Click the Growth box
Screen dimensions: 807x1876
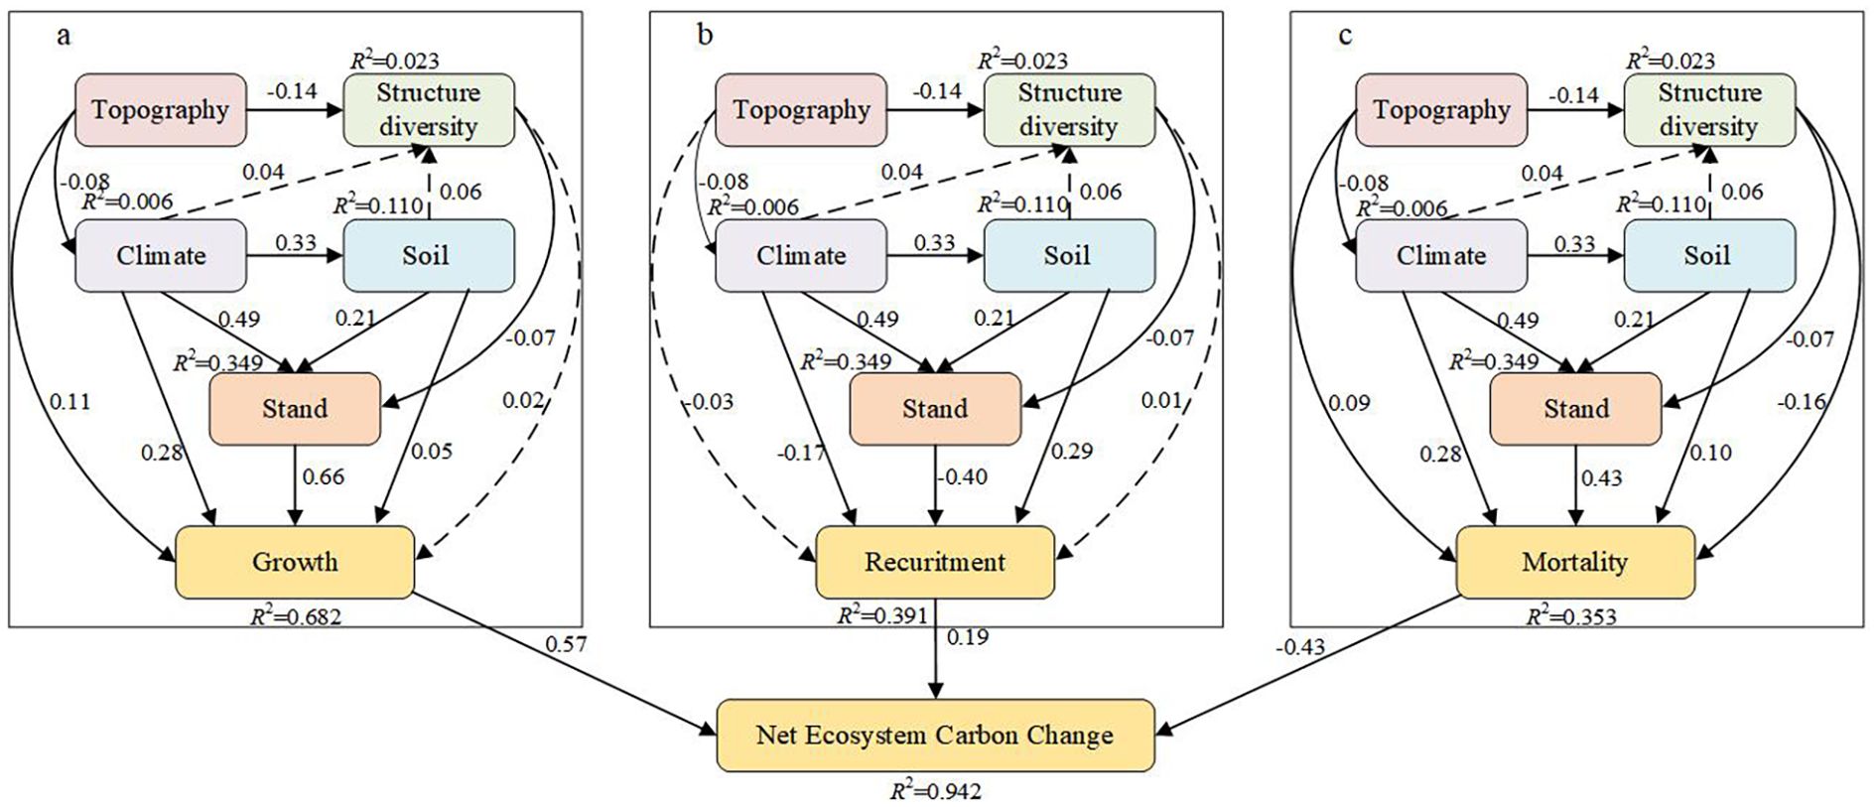click(x=295, y=562)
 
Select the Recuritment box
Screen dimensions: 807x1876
click(x=934, y=562)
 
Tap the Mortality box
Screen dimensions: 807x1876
click(x=1574, y=562)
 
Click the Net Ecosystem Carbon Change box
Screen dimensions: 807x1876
click(x=934, y=736)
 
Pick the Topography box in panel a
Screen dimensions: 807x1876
click(x=161, y=109)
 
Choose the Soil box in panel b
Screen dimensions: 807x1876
click(x=1068, y=255)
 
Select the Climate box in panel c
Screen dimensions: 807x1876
click(x=1441, y=255)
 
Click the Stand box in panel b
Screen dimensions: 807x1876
click(x=934, y=408)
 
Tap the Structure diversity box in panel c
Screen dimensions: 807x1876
click(x=1708, y=109)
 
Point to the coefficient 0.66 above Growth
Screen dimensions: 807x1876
click(x=324, y=477)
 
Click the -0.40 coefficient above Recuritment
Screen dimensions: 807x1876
click(x=962, y=477)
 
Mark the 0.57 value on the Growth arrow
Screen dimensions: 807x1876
click(x=566, y=644)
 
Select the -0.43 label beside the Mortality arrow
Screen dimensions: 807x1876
click(x=1299, y=647)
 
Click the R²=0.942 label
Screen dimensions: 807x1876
click(x=934, y=791)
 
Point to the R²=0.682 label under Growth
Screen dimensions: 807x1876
click(x=295, y=616)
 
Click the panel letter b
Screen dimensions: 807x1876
click(x=704, y=36)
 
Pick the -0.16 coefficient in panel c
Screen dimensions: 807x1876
click(x=1801, y=402)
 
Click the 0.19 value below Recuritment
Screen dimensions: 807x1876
click(x=967, y=637)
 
